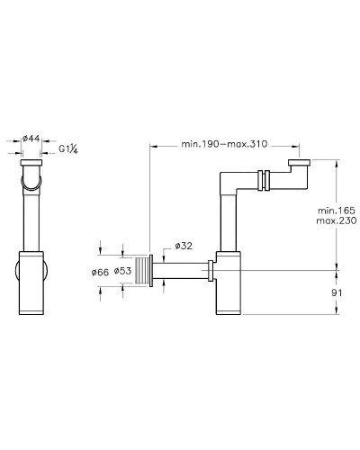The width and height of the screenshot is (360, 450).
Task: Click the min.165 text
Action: coord(334,210)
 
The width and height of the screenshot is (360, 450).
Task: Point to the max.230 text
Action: coord(334,222)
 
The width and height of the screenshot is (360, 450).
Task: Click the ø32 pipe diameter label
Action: coord(183,246)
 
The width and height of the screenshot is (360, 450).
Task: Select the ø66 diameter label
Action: coord(101,270)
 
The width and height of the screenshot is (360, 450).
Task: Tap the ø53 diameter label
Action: coord(124,270)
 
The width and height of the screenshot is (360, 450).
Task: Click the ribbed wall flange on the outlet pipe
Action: coord(148,270)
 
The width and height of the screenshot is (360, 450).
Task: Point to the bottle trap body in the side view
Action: coord(229,284)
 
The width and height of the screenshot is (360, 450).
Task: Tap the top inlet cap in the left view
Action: coord(31,166)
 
